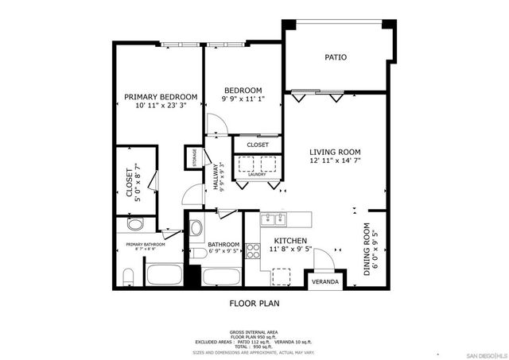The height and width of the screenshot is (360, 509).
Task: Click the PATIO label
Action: coord(335,57)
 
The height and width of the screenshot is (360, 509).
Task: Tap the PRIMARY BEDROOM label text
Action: coord(161,97)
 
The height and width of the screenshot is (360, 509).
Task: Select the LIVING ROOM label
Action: coord(335,152)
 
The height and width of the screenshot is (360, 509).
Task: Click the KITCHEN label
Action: coord(291,240)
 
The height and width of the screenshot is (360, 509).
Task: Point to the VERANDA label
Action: coord(324,282)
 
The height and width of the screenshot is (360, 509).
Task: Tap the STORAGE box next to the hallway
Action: coord(192,158)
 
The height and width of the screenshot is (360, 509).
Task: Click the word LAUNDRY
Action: coord(256,174)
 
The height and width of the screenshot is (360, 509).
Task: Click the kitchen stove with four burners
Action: coord(254,251)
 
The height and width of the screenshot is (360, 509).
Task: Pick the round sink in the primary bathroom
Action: coord(134,224)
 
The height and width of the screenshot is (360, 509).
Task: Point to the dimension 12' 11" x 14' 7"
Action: coord(335,161)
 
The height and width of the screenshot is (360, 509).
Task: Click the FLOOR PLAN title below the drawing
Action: coord(254,303)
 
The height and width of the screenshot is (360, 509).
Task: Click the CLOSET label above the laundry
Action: coord(258,145)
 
